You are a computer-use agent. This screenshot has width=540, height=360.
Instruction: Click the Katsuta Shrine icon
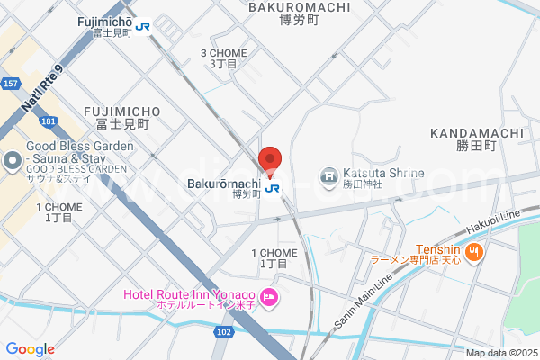pyautogui.click(x=329, y=175)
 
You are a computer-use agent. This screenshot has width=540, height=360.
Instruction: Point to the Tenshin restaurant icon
pyautogui.click(x=474, y=255)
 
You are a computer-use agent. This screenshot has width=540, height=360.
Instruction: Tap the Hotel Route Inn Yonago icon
pyautogui.click(x=267, y=296)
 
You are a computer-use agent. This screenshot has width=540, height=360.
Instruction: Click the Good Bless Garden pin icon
pyautogui.click(x=13, y=162)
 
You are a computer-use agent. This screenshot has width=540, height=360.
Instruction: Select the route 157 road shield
pyautogui.click(x=12, y=84)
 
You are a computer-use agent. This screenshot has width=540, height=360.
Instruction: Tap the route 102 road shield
pyautogui.click(x=225, y=332)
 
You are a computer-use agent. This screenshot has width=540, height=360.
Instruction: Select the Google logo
pyautogui.click(x=30, y=349)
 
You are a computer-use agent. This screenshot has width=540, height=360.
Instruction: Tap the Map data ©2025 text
pyautogui.click(x=501, y=353)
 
